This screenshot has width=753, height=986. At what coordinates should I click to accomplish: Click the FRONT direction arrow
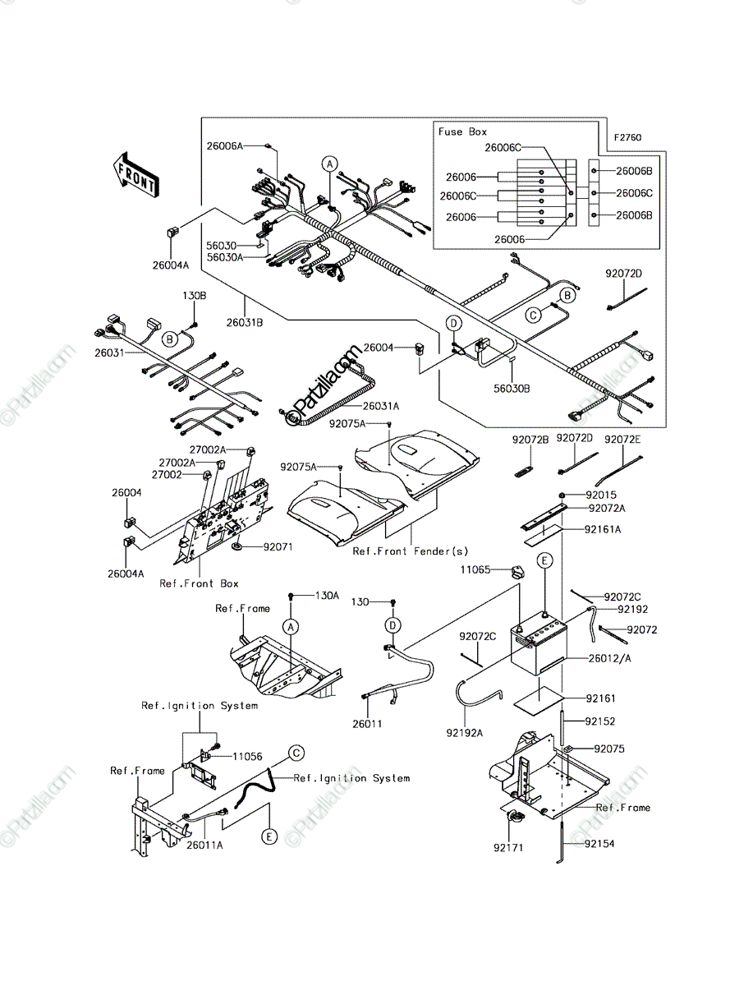135,176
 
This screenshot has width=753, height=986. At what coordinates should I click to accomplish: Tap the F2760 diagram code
628,137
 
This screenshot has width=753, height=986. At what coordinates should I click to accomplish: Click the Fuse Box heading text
462,131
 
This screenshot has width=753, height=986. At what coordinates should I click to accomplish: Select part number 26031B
245,323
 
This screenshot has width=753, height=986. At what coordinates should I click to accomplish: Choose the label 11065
475,569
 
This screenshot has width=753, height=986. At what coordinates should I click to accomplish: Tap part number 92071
278,546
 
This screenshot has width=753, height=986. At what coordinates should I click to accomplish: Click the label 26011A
204,845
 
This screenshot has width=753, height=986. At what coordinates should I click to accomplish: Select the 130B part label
195,296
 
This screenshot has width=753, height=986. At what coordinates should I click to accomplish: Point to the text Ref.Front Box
199,583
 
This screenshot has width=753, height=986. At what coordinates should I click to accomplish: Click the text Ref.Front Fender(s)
410,551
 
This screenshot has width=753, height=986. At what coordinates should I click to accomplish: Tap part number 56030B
512,389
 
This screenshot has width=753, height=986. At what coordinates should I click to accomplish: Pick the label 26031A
380,406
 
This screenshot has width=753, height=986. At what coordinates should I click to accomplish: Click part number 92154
599,844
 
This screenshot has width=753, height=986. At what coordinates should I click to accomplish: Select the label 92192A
465,733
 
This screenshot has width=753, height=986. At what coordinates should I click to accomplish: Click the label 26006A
224,145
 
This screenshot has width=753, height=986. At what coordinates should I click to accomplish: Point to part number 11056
247,757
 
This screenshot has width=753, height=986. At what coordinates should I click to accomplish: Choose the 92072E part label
622,440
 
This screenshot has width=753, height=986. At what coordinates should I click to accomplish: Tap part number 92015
601,495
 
